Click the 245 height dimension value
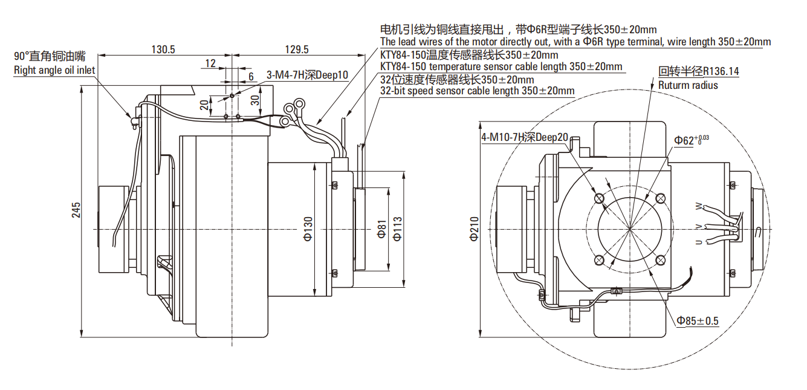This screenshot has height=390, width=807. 76,209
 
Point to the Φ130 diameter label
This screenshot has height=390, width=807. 308,229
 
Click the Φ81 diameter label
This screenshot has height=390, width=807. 381,230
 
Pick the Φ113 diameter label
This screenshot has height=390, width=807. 397,229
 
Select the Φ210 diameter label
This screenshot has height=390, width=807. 474,229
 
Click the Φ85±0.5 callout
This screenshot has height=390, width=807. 698,320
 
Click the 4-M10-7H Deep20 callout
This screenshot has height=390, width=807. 525,137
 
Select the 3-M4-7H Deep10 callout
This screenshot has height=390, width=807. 308,76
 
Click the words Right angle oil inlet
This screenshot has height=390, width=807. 54,70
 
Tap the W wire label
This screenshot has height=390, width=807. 699,207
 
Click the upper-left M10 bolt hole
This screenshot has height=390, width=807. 599,198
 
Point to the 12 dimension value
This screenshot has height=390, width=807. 210,63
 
